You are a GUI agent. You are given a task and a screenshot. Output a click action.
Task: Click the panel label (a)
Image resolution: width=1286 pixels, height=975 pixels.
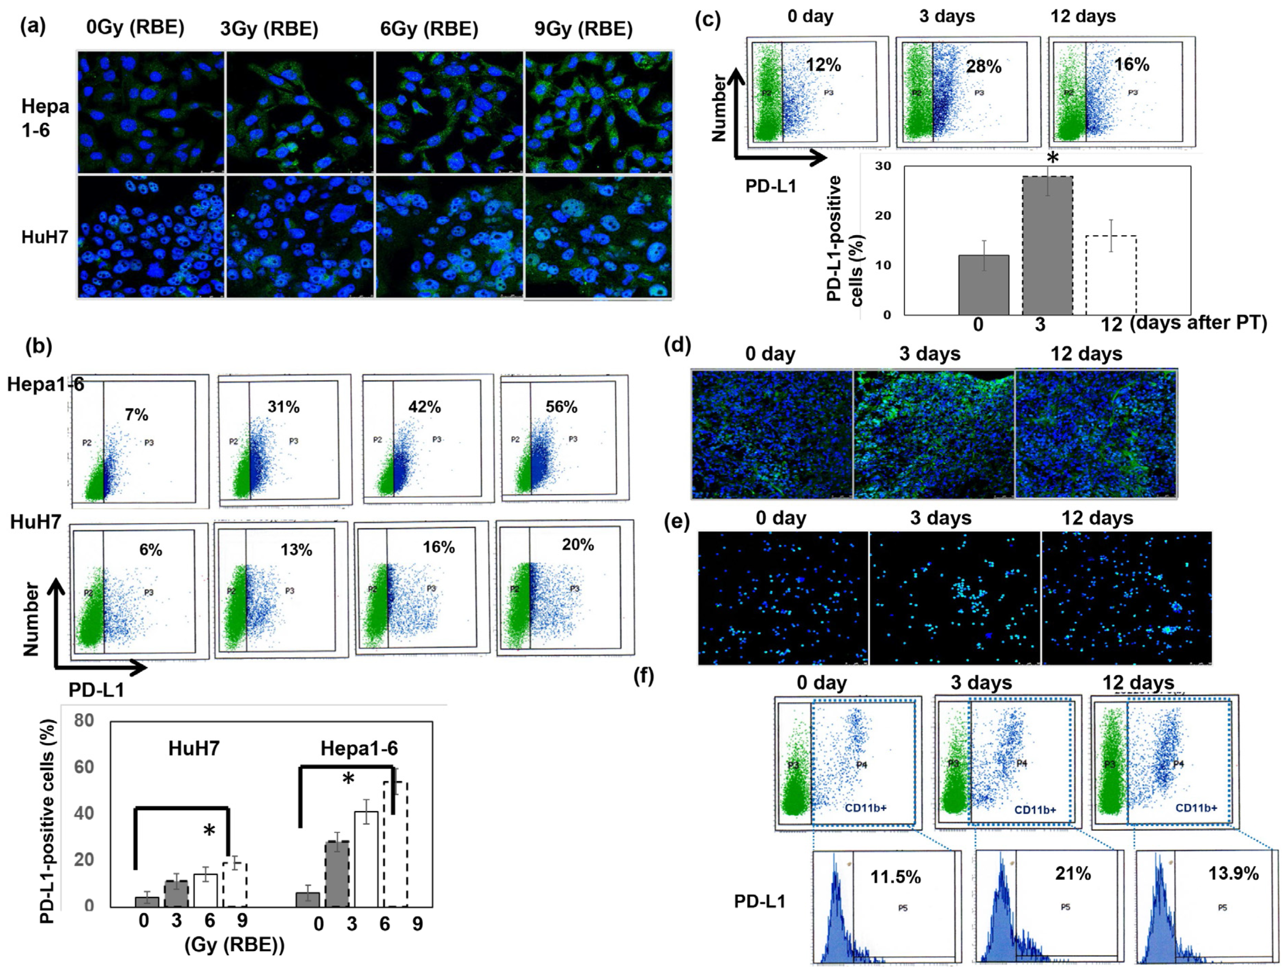tap(33, 27)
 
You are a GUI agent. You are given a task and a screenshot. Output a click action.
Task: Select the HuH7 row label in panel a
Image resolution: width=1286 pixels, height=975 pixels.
tap(45, 237)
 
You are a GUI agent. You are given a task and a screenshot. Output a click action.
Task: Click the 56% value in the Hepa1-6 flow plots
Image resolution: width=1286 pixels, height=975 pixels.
tap(561, 407)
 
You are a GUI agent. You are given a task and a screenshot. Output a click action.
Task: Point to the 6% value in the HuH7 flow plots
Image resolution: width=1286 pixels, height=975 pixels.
tap(150, 550)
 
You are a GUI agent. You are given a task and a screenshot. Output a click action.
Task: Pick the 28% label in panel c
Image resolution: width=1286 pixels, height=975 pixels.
tap(984, 67)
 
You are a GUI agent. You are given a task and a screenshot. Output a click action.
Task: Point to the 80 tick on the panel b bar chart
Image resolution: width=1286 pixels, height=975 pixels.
tap(84, 720)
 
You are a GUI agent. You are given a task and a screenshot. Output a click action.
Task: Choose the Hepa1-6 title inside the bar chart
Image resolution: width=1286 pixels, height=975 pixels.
tap(359, 748)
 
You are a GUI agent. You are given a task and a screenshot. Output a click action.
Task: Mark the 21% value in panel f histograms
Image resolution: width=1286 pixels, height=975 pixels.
tap(1073, 873)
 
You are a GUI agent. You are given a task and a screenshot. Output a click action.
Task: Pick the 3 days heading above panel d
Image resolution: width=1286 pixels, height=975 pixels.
tap(929, 354)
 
